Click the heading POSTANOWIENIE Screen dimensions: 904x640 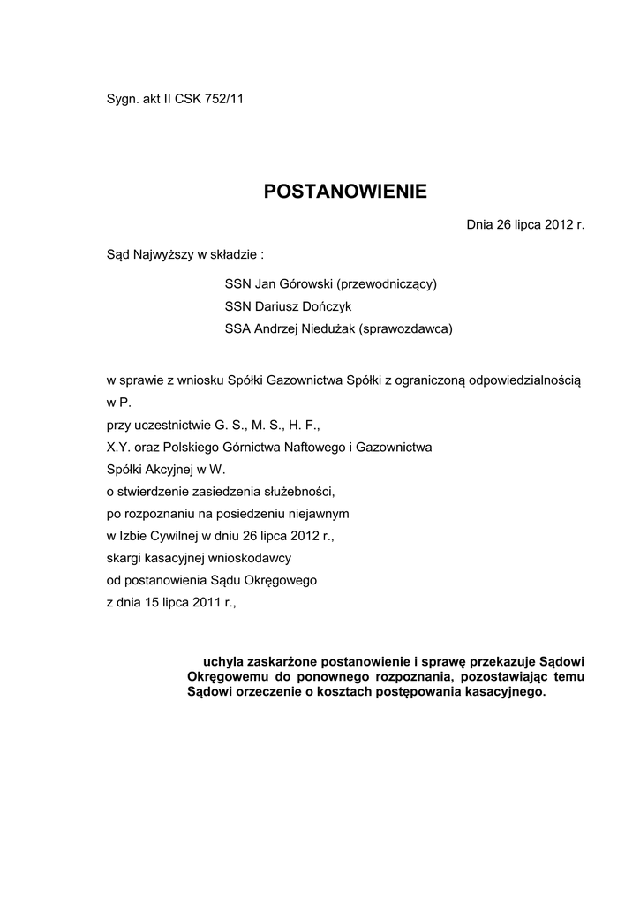tap(345, 192)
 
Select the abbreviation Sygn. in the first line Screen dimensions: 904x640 tap(122, 98)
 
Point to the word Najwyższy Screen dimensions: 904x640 tap(164, 256)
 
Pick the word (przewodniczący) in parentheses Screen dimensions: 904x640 tap(388, 284)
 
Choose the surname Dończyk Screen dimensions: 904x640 tap(327, 306)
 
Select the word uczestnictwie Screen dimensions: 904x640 tap(175, 425)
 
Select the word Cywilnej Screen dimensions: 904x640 tap(177, 535)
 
